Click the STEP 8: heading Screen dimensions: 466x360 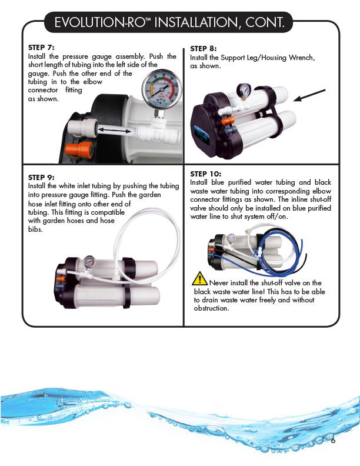[204, 48]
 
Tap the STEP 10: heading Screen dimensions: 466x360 [206, 174]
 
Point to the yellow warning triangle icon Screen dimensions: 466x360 [200, 277]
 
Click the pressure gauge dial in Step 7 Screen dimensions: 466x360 [161, 91]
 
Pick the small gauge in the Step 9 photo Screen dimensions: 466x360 [88, 261]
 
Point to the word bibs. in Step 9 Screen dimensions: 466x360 [36, 229]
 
